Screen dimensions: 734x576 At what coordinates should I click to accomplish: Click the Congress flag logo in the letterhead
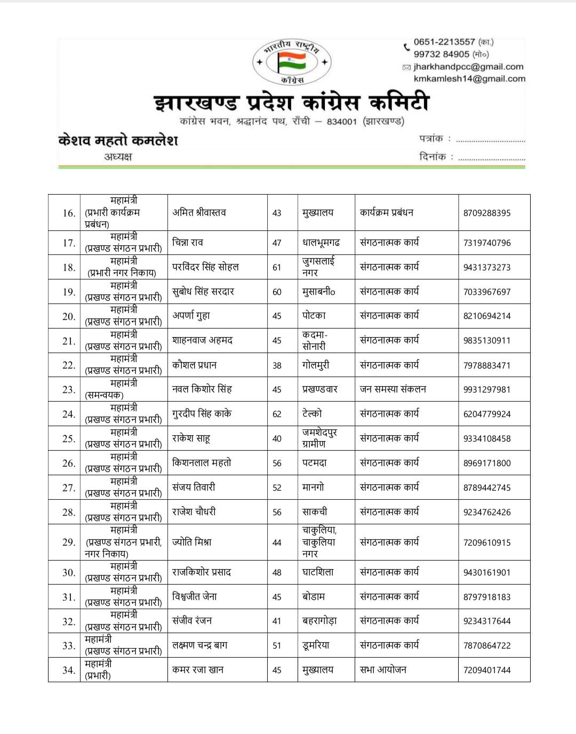click(292, 62)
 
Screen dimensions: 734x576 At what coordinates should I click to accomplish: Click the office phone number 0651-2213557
click(444, 42)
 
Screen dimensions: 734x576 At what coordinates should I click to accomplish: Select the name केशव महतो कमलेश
click(118, 140)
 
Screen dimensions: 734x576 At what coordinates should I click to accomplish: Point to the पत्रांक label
click(431, 139)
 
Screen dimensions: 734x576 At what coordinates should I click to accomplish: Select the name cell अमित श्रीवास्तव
click(199, 212)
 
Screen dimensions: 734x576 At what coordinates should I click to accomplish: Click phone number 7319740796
click(486, 243)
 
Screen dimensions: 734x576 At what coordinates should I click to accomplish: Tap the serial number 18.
click(68, 267)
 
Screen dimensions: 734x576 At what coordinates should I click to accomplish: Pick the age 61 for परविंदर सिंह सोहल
click(277, 267)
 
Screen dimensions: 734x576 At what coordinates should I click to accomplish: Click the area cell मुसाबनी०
click(318, 292)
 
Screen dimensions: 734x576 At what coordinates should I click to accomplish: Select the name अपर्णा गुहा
click(191, 316)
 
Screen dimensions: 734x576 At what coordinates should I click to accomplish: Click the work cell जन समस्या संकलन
click(393, 389)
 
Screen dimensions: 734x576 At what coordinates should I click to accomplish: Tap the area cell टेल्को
click(312, 413)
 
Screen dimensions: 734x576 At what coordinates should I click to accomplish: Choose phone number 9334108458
click(486, 438)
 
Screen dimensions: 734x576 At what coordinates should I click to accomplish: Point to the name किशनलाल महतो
click(202, 463)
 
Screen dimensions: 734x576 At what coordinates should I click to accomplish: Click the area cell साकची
click(315, 512)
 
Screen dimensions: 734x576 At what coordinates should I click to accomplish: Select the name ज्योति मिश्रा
click(192, 542)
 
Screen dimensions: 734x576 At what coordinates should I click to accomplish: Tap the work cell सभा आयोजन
click(383, 670)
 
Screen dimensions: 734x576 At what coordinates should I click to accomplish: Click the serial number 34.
click(68, 670)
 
